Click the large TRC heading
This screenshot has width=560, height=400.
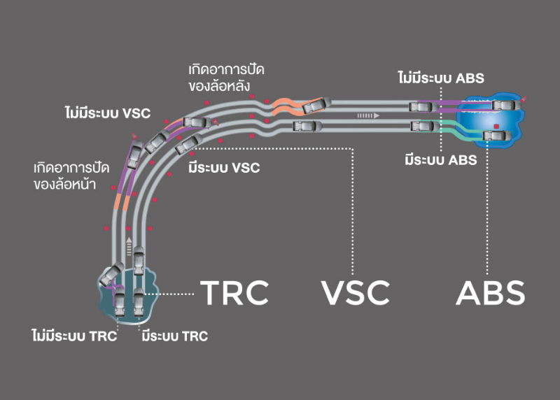[234, 293]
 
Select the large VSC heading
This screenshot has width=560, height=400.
[356, 293]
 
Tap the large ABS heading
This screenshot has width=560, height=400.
[490, 293]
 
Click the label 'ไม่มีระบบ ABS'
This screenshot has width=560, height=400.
[440, 78]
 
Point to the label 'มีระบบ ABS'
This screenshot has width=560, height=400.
[440, 160]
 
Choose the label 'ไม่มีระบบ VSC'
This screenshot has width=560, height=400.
[105, 113]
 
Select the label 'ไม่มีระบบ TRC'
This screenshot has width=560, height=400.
[73, 336]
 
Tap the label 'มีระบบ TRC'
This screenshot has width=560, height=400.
[174, 336]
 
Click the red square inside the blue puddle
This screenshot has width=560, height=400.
[496, 127]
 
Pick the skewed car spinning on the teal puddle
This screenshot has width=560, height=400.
[111, 274]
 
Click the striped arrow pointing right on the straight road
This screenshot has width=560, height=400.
[367, 115]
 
